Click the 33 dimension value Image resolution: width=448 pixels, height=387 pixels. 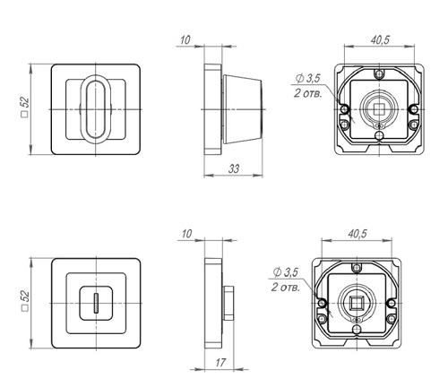point(234,168)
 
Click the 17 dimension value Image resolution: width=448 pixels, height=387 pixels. point(220,363)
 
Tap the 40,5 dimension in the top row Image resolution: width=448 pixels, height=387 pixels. point(380,39)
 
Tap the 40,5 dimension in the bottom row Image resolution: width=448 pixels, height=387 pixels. point(358,234)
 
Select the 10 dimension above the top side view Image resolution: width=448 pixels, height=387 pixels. point(185,39)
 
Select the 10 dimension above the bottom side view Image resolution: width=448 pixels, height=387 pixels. point(186,234)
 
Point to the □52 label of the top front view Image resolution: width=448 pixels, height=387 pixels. point(25,107)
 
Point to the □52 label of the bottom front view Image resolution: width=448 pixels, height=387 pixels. point(25,301)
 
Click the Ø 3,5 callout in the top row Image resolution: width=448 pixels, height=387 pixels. point(307,78)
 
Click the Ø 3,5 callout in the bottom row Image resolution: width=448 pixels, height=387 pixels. point(285,272)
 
